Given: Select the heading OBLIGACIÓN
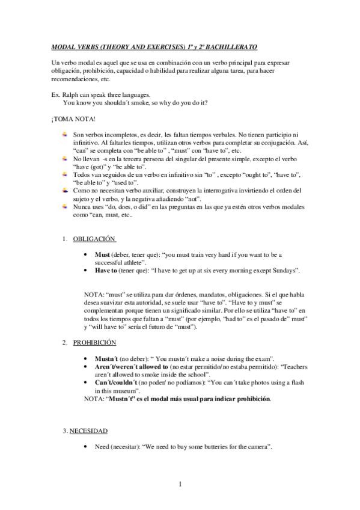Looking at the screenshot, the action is pos(94,239).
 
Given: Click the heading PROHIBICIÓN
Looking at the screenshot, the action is pos(94,342).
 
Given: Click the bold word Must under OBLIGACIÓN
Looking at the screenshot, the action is pos(102,255).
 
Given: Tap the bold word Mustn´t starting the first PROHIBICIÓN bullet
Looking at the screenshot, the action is pos(106,358).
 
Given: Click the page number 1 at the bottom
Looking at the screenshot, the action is pos(180,484).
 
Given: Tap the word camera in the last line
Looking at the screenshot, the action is pos(259,447).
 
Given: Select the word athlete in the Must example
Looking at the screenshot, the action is pos(132,263).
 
